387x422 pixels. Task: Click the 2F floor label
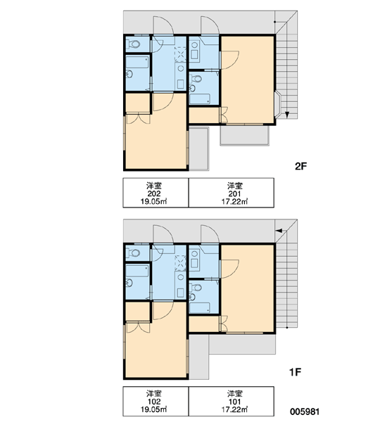point(301,166)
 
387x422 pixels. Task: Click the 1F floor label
point(295,372)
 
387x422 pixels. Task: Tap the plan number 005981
point(305,411)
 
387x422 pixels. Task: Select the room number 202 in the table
point(154,193)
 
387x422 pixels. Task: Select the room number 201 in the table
point(234,194)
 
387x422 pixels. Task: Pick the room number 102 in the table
point(154,402)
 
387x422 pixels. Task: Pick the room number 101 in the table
point(234,402)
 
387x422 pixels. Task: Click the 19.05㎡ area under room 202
point(153,201)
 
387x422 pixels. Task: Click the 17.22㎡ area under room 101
point(234,409)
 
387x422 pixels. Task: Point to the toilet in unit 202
point(134,44)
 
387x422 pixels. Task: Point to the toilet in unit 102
point(134,252)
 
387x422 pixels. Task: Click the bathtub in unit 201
point(200,98)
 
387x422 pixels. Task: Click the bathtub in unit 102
point(137,271)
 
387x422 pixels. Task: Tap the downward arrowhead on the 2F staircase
point(287,115)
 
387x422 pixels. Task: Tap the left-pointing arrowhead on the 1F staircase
point(279,231)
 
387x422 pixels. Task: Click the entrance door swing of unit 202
point(163,25)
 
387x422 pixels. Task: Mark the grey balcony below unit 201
point(245,136)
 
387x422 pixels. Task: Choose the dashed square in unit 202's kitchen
point(180,53)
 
